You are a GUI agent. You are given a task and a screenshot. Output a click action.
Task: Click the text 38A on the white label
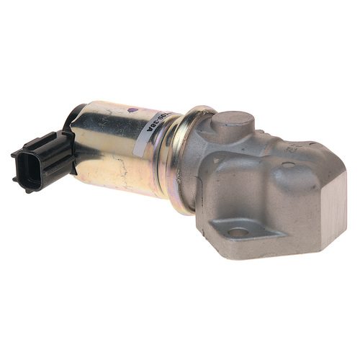tap(163, 114)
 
